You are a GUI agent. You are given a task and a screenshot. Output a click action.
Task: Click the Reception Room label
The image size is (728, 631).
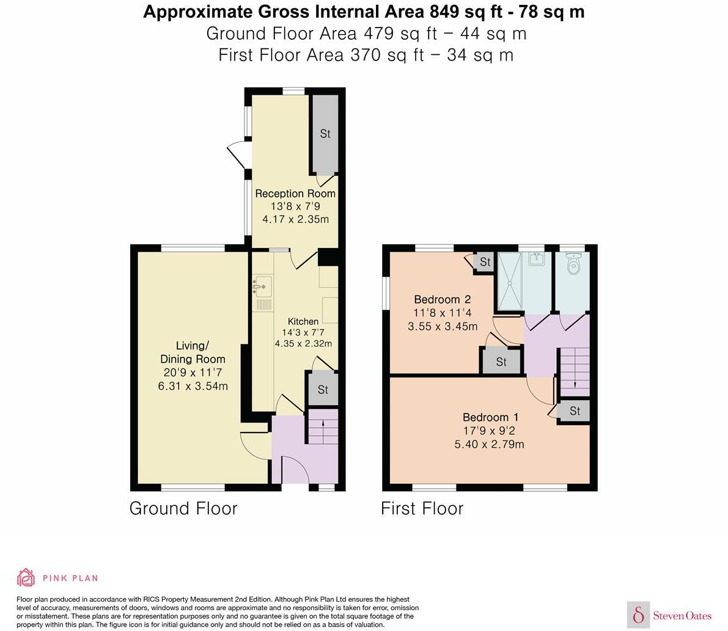295,194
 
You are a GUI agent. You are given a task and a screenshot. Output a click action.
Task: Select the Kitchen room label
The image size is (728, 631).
303,321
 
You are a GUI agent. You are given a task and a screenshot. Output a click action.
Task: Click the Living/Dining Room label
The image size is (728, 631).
193,352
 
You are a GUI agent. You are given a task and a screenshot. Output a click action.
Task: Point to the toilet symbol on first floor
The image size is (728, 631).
573,265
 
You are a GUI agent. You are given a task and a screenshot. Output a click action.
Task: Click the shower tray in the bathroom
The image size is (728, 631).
510,282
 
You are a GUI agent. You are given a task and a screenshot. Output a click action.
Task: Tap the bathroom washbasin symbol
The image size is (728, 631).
536,259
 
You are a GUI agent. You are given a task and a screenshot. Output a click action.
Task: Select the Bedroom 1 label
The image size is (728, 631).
490,417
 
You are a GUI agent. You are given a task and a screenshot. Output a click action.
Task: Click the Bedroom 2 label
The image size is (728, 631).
442,299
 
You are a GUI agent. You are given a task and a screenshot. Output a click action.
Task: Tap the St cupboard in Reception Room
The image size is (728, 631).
325,134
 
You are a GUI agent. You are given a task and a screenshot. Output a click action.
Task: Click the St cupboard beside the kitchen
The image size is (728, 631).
323,390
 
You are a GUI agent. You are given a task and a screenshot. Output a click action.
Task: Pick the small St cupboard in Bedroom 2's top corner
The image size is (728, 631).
485,262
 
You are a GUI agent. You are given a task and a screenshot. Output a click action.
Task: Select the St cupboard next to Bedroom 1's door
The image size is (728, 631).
575,411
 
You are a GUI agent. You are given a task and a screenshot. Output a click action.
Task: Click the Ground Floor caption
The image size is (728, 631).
183,508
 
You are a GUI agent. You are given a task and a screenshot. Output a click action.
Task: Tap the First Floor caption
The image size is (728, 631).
422,508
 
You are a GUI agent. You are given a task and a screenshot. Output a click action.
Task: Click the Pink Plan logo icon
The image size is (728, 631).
26,577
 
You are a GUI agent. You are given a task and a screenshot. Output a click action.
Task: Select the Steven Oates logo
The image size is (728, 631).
669,615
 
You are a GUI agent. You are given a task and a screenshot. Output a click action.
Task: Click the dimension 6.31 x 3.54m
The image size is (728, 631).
193,386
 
